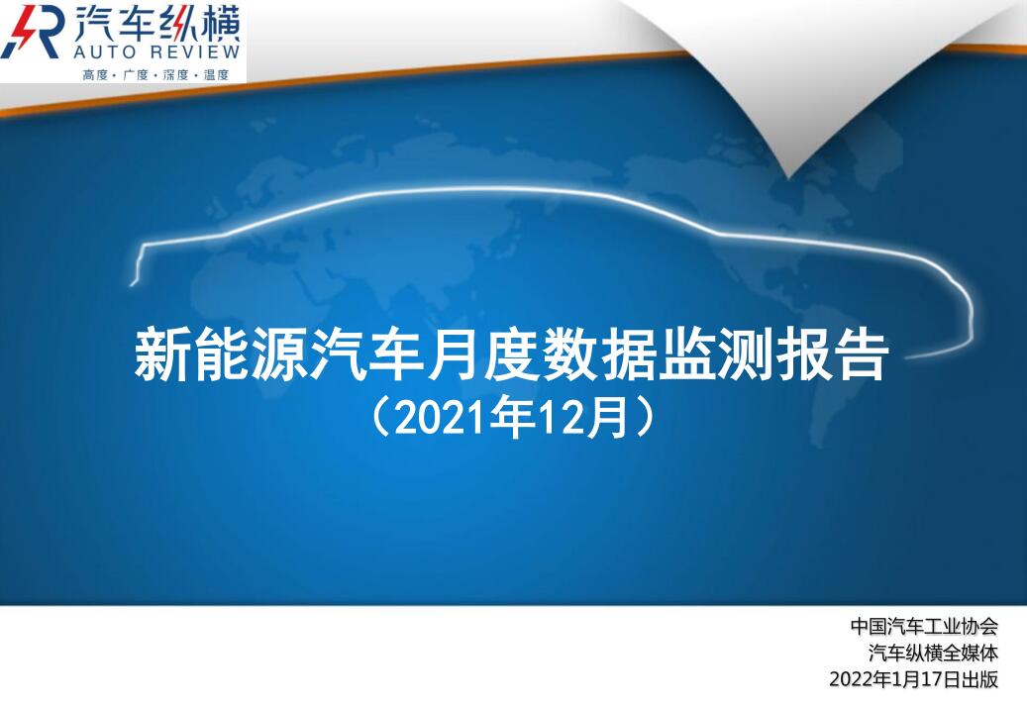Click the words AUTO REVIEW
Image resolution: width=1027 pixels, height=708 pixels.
[156, 51]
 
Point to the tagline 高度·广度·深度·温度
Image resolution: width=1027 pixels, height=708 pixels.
[155, 74]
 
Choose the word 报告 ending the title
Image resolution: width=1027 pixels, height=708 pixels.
[832, 354]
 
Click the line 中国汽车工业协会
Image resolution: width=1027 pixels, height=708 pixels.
[924, 626]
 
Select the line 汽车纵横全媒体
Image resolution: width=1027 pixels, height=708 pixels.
[933, 653]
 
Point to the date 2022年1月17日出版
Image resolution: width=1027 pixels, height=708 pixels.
[914, 679]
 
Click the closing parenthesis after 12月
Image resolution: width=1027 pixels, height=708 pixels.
[644, 418]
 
